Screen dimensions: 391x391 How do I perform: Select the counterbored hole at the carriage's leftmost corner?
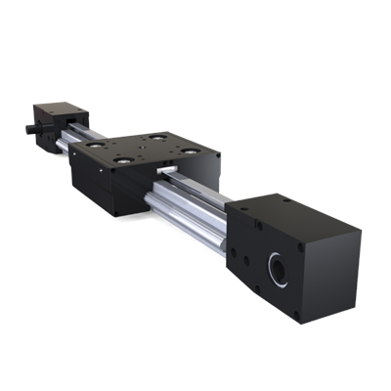(94, 144)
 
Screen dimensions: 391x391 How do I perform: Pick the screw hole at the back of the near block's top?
(284, 199)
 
